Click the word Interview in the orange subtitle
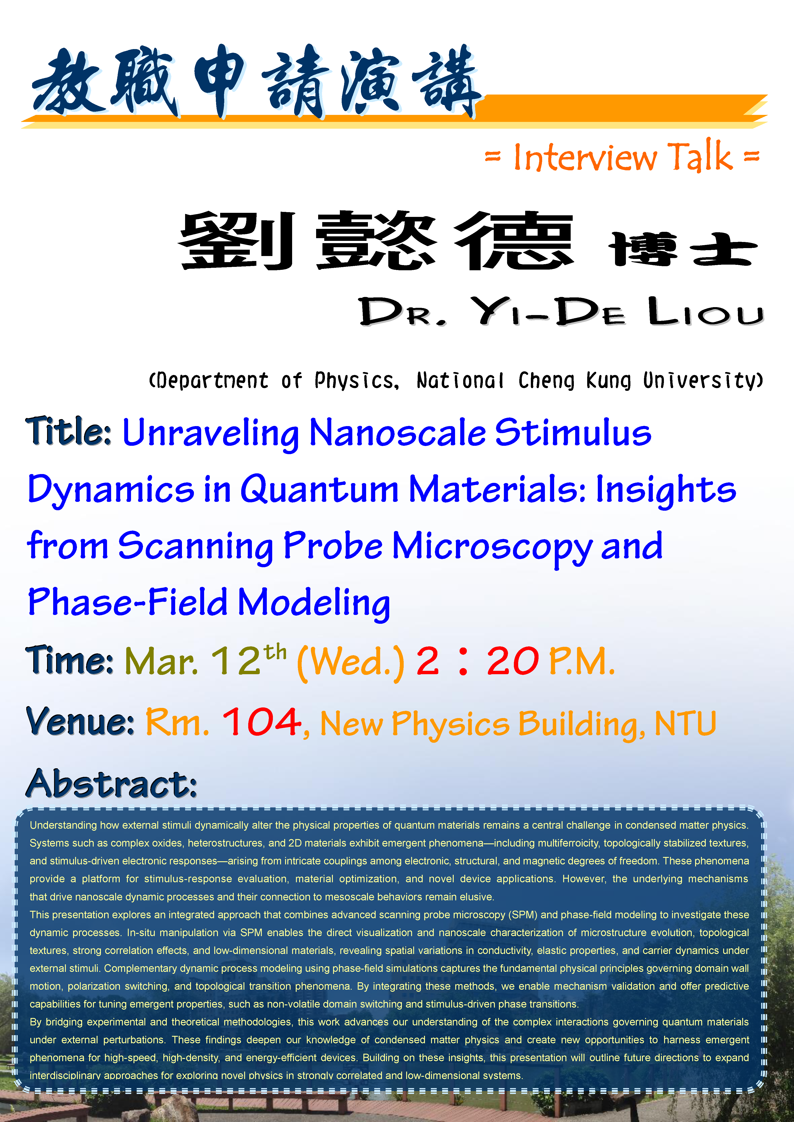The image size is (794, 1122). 585,157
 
